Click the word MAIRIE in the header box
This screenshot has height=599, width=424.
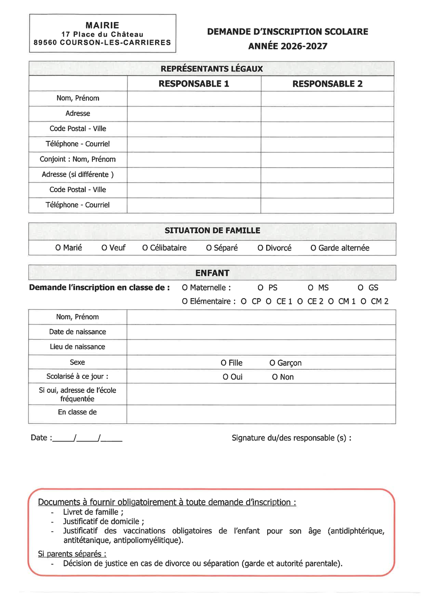coord(102,25)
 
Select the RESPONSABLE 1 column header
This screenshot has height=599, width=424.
coord(194,84)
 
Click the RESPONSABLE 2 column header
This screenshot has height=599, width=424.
coord(327,84)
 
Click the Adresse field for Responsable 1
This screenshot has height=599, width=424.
coord(194,114)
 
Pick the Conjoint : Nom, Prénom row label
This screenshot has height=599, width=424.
coord(78,159)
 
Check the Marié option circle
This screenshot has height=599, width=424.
coord(58,248)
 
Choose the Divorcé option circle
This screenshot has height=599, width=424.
coord(260,248)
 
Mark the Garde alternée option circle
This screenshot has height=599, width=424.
coord(313,248)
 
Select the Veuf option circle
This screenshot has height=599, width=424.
coord(104,248)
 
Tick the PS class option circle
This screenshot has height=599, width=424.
coord(260,288)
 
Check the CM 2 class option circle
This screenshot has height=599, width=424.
coord(363,301)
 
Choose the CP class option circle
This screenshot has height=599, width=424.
coord(243,301)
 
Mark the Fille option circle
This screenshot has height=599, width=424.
coord(223,363)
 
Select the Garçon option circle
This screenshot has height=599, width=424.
coord(272,363)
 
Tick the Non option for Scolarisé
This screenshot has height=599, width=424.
coord(275,377)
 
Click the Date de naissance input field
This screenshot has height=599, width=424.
coord(261,332)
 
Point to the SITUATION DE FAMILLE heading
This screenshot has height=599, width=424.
coord(212,231)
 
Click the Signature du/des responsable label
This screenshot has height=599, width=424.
coord(291,438)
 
